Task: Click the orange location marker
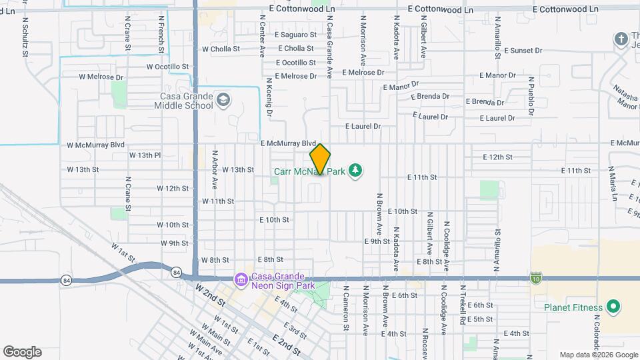(320, 159)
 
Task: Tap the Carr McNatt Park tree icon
(356, 171)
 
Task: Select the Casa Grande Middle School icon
(223, 100)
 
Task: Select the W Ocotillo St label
(168, 67)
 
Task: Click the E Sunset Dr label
(523, 50)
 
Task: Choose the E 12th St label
(497, 157)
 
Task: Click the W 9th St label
(174, 243)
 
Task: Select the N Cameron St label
(346, 309)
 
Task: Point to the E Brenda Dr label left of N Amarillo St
(430, 96)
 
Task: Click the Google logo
(22, 352)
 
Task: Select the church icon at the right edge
(621, 39)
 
